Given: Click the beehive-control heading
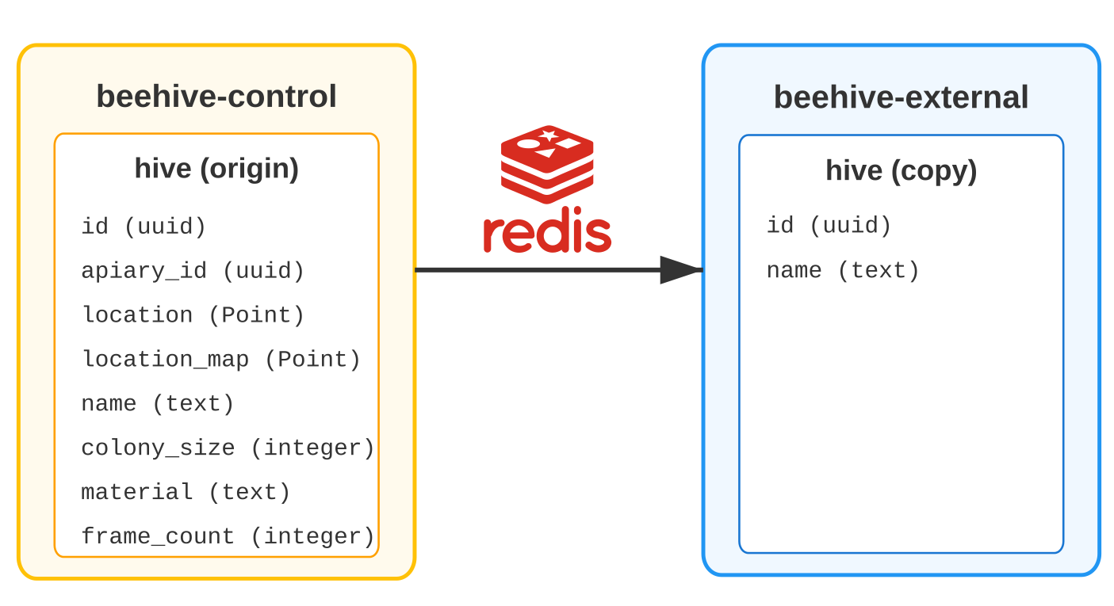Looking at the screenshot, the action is coord(216,96).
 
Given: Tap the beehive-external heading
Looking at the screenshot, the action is coord(901,97).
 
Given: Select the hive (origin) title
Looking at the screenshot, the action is coord(216,169).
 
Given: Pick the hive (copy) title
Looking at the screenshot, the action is coord(902,171).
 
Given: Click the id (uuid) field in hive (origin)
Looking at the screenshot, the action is coord(144,227).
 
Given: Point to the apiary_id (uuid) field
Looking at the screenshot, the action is coord(193,271).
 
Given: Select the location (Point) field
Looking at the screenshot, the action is coord(193,315).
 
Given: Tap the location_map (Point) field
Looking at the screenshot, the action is coord(220,360).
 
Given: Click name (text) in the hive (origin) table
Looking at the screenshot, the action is coord(157,404).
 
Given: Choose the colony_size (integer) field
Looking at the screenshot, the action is coord(228,448).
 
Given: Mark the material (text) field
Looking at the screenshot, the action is coord(185,492).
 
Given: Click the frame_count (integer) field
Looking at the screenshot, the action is coord(228,536).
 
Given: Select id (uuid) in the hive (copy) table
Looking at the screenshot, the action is coord(829,226).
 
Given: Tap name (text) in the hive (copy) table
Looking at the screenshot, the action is coord(843,271).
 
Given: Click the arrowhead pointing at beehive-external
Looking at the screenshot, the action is coord(681,270).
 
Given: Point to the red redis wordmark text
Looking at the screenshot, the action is coord(547,230).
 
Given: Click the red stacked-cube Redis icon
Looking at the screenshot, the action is coord(547,165).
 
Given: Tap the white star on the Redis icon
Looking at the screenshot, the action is coord(549,135).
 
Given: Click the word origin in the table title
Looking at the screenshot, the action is coord(249,169).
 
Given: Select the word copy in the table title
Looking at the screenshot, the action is coord(934,172).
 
